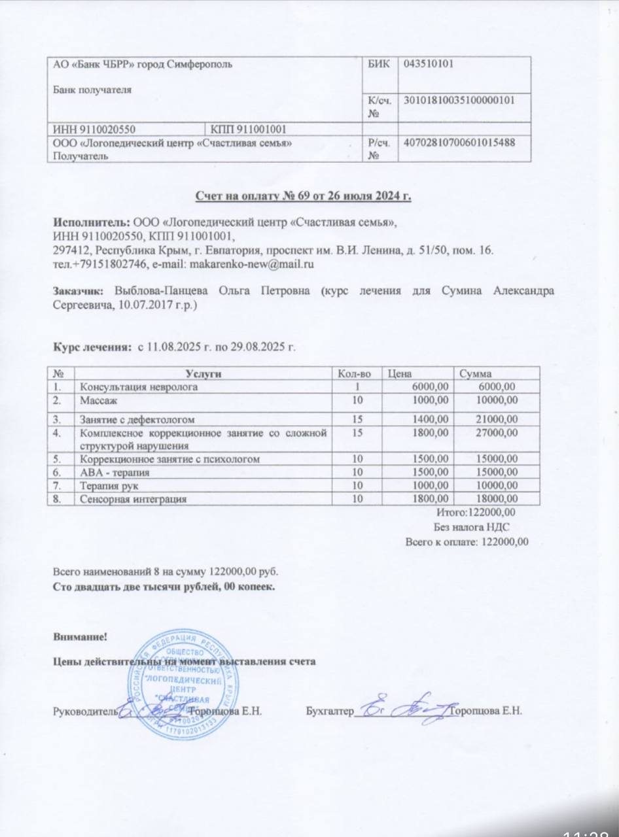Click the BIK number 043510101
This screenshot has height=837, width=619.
[x=430, y=63]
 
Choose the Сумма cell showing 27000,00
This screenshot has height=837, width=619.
[x=495, y=433]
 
